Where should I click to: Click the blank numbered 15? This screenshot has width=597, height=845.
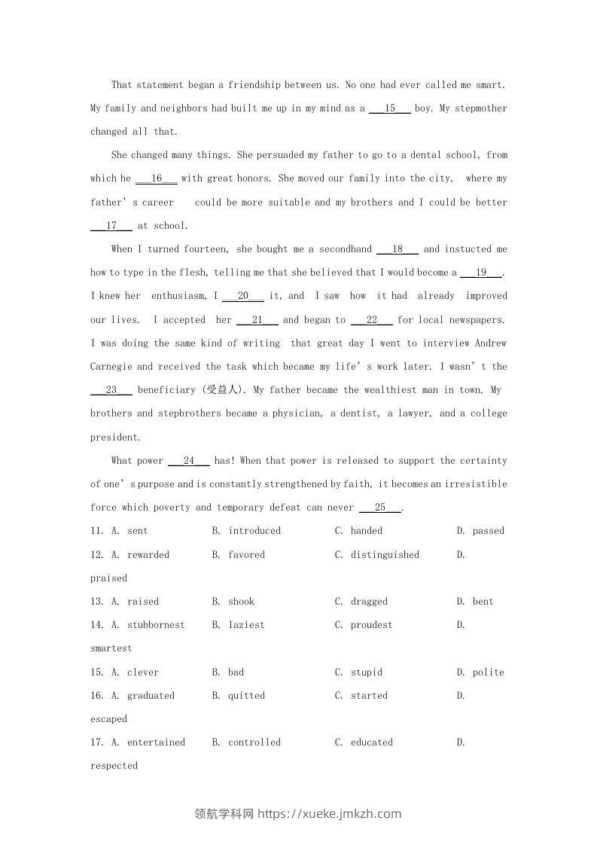coord(389,108)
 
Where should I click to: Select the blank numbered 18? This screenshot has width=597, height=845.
coord(397,249)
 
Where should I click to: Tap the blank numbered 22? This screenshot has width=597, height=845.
coord(371,320)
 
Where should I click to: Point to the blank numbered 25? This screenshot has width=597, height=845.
coord(380,508)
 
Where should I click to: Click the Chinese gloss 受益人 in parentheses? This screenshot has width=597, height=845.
coord(223,390)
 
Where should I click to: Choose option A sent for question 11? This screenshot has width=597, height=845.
coord(137,531)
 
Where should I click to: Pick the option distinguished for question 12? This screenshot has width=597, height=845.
coord(385,555)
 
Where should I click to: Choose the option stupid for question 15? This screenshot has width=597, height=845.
coord(367,673)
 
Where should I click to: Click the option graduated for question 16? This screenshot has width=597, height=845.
coord(151,696)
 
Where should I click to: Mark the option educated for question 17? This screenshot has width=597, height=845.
coord(371,743)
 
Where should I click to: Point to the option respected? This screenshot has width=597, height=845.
coord(114,766)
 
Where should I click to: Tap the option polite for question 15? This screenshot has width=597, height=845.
coord(488,673)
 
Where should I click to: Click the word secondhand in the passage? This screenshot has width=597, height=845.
coord(346,249)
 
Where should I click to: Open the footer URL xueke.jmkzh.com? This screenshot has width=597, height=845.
coord(330,813)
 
